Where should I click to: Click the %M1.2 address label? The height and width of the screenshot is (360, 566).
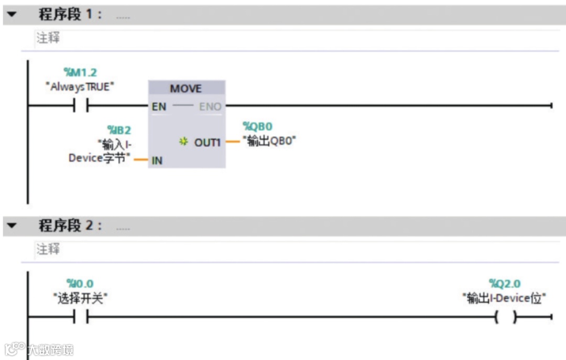coord(80,73)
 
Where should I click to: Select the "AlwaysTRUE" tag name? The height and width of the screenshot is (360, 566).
coord(80,87)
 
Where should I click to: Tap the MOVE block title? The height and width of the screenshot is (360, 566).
coord(186,88)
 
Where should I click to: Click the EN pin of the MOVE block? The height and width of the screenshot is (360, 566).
coord(159,107)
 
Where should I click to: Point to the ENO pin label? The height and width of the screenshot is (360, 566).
coord(210,107)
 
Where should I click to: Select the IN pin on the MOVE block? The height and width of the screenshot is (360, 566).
coord(157,161)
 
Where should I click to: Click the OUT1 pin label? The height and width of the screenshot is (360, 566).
coord(208,142)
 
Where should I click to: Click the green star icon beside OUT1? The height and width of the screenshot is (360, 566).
coord(183,142)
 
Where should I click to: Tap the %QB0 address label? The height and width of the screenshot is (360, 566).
coord(257,126)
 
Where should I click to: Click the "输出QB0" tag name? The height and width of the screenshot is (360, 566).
coord(269,141)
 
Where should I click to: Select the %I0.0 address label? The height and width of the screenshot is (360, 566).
coord(80,284)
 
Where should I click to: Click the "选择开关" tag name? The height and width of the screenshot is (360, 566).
coord(80,298)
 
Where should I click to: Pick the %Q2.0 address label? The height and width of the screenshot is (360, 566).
coord(505,284)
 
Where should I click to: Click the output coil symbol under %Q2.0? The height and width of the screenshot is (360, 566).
coord(505,317)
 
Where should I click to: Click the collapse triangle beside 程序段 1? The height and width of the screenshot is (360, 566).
coord(11,15)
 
